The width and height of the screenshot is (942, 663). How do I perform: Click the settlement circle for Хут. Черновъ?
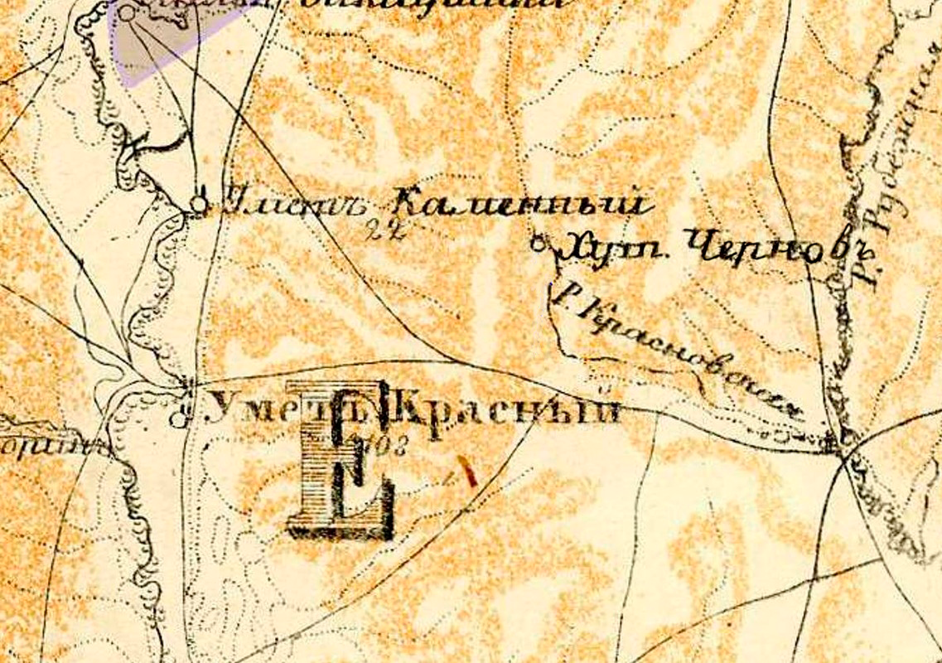pyautogui.click(x=540, y=244)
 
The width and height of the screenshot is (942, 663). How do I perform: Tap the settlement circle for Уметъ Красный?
pyautogui.click(x=177, y=419)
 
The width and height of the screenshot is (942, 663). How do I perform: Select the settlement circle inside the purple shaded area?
pyautogui.click(x=126, y=12)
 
